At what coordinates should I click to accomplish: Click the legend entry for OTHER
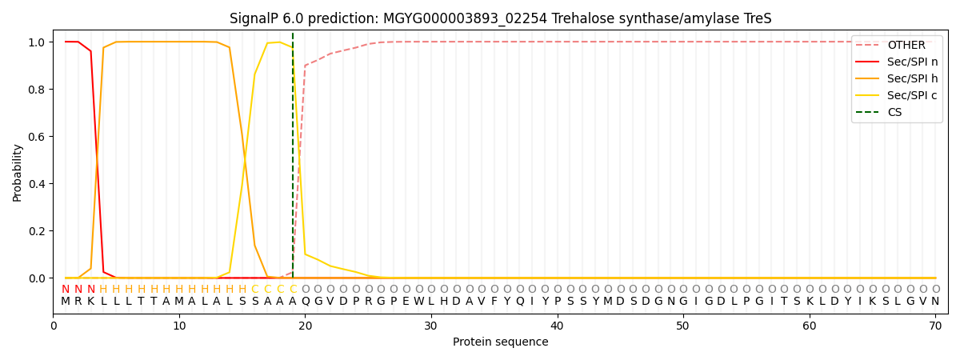pyautogui.click(x=906, y=45)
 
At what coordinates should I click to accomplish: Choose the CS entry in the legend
pyautogui.click(x=894, y=112)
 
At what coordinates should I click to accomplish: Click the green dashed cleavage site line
pyautogui.click(x=293, y=160)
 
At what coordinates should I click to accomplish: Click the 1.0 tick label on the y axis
pyautogui.click(x=37, y=42)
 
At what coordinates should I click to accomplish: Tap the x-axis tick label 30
pyautogui.click(x=430, y=326)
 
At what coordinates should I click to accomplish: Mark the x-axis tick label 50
pyautogui.click(x=682, y=326)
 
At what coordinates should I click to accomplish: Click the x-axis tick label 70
pyautogui.click(x=934, y=326)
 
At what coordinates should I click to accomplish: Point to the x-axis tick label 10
pyautogui.click(x=179, y=326)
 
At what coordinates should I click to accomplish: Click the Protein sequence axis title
pyautogui.click(x=500, y=342)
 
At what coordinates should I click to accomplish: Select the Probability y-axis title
pyautogui.click(x=18, y=172)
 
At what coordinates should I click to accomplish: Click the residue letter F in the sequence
pyautogui.click(x=494, y=302)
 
